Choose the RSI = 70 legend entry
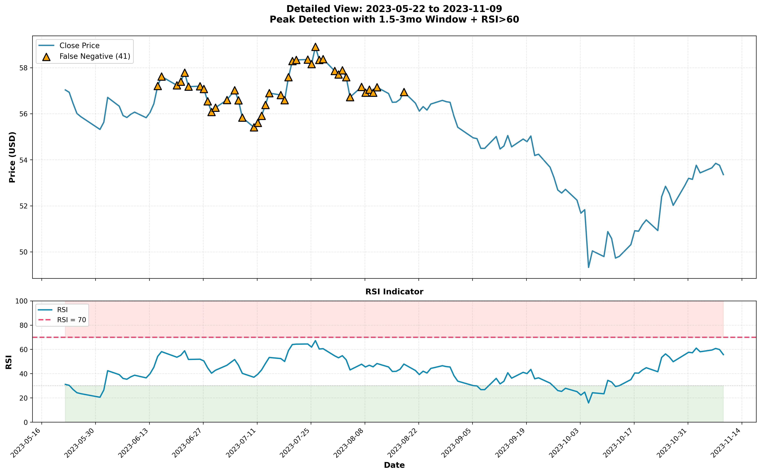pos(72,320)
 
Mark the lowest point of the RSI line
pos(588,403)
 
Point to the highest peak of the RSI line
pos(315,340)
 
